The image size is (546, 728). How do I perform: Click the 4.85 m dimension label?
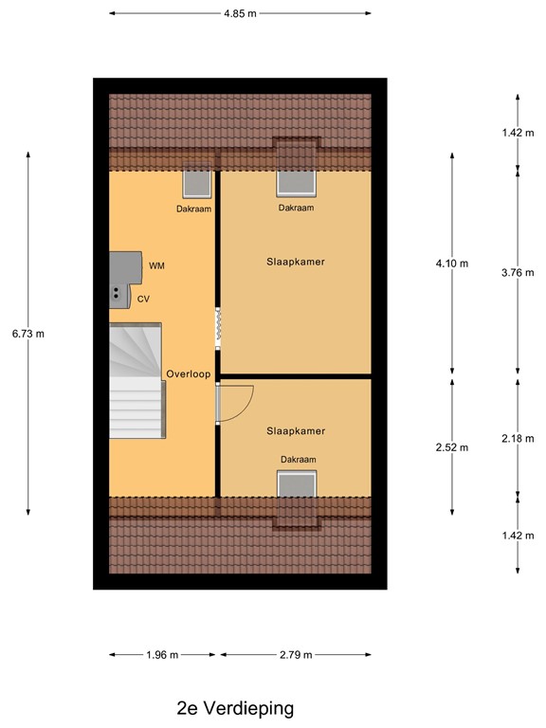click(x=240, y=13)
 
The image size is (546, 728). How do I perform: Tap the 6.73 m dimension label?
click(x=28, y=334)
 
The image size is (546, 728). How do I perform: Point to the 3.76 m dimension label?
click(x=518, y=273)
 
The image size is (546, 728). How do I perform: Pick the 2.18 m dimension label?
click(x=518, y=437)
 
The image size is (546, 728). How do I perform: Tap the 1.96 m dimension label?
click(x=163, y=655)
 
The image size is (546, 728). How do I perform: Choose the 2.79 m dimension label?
click(x=295, y=655)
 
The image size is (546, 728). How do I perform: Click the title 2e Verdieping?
click(x=235, y=707)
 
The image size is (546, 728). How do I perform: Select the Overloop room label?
click(x=187, y=374)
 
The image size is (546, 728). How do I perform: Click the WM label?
click(x=156, y=265)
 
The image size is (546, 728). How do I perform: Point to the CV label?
click(x=144, y=299)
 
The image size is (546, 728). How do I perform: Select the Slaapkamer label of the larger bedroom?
click(x=296, y=262)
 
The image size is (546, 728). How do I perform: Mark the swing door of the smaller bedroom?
click(x=234, y=402)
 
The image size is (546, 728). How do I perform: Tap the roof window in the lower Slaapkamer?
click(x=296, y=482)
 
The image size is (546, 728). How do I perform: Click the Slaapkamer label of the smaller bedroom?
click(x=296, y=431)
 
